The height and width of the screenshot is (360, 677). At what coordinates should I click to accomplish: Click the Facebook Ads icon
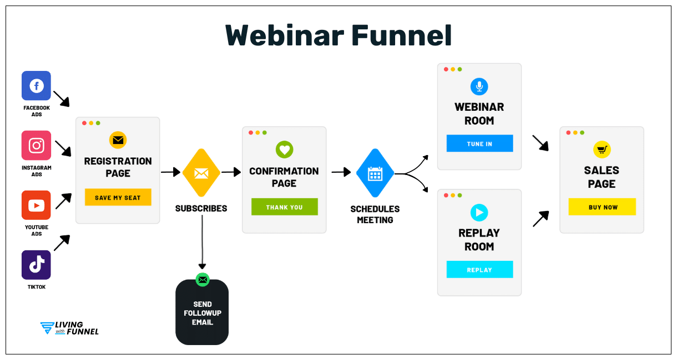(36, 86)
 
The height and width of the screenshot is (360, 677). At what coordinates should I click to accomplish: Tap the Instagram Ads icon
(36, 146)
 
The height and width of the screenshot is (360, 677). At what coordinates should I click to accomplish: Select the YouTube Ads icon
(36, 205)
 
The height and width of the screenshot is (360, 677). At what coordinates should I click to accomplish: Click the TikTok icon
(36, 265)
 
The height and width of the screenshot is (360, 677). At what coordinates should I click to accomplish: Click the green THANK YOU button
(284, 207)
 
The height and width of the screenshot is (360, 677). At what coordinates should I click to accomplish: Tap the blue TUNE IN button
(479, 143)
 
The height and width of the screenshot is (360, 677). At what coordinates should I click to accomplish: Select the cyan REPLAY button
(479, 270)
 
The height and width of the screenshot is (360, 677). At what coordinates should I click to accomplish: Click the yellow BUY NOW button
(602, 207)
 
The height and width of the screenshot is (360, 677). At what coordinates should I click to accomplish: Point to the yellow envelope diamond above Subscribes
(201, 173)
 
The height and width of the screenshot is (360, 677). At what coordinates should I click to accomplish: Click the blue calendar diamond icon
(375, 173)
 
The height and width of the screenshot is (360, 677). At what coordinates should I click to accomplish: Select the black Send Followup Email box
(202, 313)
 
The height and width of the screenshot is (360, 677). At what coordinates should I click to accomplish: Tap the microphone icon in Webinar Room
(479, 86)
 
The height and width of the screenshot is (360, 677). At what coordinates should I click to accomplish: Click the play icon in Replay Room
(479, 212)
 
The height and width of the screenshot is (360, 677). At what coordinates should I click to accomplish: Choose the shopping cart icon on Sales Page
(602, 150)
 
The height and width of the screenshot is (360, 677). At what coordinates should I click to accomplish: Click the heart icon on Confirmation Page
(284, 150)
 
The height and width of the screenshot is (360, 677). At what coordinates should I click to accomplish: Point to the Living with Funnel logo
(70, 328)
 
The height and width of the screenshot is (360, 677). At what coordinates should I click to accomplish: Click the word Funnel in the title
(402, 35)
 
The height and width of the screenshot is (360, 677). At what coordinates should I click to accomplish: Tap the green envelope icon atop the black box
(202, 280)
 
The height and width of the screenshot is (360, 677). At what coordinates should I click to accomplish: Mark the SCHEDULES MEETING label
(375, 214)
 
